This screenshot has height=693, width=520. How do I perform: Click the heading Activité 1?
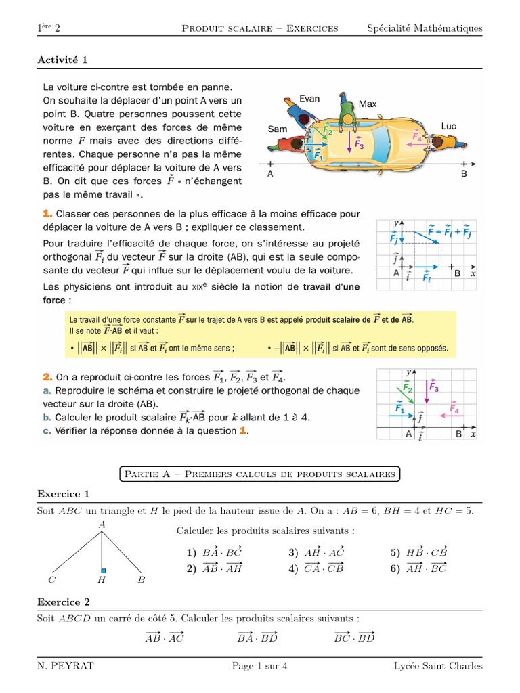click(x=62, y=60)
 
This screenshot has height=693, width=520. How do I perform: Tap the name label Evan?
click(x=309, y=99)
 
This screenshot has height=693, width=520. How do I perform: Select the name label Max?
click(x=368, y=104)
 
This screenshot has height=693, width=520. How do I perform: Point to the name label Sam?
click(x=278, y=129)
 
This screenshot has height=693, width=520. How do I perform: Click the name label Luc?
click(x=449, y=126)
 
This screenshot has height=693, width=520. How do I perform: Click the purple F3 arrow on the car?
click(x=350, y=142)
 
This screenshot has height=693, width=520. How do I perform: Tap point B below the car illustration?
click(x=464, y=173)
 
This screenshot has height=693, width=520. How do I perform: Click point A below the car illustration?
click(x=271, y=173)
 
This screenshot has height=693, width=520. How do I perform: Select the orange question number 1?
click(x=46, y=214)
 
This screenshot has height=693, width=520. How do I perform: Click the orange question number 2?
click(x=47, y=376)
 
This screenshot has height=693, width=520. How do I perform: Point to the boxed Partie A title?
click(x=259, y=474)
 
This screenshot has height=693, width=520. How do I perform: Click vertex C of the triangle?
click(x=52, y=580)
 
